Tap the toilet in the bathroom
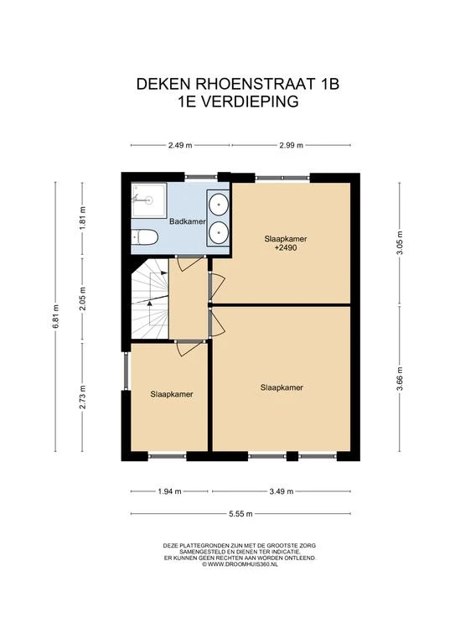click(x=145, y=237)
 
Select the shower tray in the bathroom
click(x=148, y=200)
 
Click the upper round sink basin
click(x=218, y=204)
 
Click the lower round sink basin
click(x=218, y=232)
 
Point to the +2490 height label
click(x=286, y=247)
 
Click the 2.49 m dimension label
click(x=180, y=145)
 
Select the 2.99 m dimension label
click(x=291, y=145)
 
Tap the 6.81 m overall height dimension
click(x=56, y=316)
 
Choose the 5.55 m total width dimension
click(x=240, y=513)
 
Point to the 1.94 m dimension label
click(x=169, y=491)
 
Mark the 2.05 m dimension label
click(x=82, y=299)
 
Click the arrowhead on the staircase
click(x=150, y=303)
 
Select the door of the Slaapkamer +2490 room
click(x=217, y=284)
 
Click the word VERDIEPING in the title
click(x=251, y=101)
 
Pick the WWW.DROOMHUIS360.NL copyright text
click(x=240, y=564)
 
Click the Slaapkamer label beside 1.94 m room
click(x=172, y=394)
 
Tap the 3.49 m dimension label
click(x=282, y=491)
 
